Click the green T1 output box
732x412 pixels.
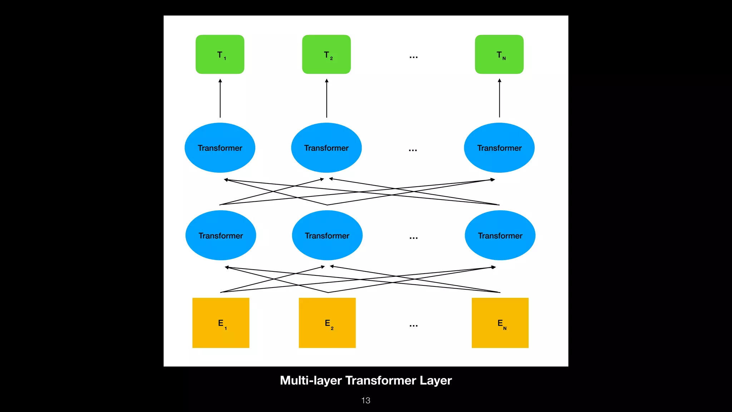click(220, 54)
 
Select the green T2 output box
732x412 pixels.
click(326, 54)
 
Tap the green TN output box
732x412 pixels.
click(499, 54)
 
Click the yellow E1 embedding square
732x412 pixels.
click(221, 323)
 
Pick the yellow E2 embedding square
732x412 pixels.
click(327, 323)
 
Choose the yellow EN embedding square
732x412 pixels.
click(500, 323)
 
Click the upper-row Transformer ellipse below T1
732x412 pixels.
click(220, 148)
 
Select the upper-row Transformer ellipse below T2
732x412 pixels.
click(326, 148)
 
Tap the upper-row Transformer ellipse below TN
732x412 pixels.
click(499, 148)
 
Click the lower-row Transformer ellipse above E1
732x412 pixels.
click(221, 235)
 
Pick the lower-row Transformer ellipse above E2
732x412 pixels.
click(327, 235)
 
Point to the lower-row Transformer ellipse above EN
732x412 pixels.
click(500, 235)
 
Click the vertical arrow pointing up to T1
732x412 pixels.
click(220, 98)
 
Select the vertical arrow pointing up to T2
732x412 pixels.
click(327, 98)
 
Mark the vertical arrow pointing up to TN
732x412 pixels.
click(499, 98)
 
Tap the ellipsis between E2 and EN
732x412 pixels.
click(414, 325)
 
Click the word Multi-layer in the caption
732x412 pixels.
click(311, 380)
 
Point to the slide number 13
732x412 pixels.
click(366, 401)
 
